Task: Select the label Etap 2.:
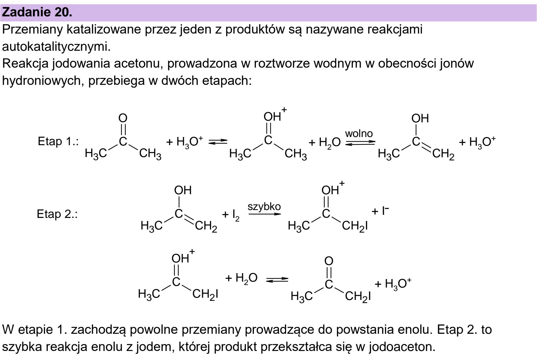57,214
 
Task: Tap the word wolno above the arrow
359,133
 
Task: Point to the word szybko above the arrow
264,207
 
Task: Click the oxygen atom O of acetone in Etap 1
123,118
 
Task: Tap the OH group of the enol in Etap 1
420,119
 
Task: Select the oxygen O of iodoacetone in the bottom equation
329,261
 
